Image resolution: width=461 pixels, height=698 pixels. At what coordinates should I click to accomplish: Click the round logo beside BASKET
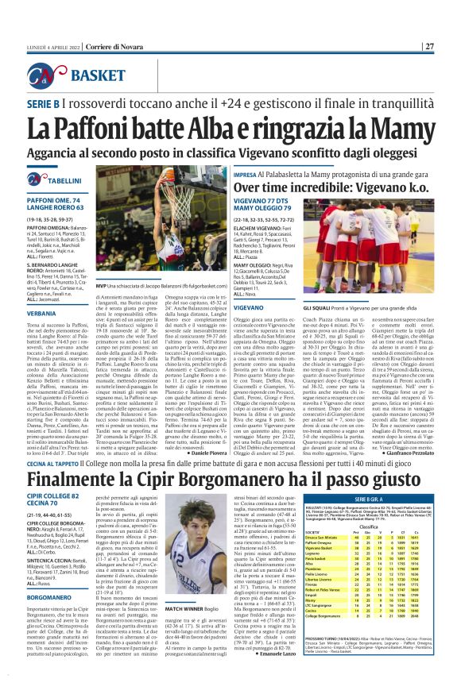(56, 75)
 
